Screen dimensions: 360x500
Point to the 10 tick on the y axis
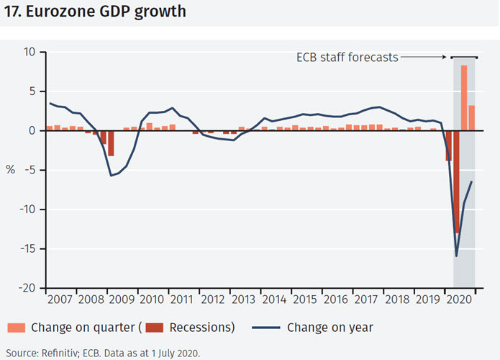point(29,52)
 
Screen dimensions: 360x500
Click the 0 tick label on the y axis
point(32,130)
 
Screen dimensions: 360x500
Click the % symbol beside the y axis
point(11,170)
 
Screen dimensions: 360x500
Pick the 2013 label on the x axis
point(243,298)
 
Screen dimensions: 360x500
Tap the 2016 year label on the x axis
point(335,298)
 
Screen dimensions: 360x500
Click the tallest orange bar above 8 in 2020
point(464,98)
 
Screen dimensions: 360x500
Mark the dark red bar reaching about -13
point(456,181)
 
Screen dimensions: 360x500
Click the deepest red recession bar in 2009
point(111,143)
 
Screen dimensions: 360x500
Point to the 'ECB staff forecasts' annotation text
point(347,58)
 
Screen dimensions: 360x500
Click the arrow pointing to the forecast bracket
point(424,57)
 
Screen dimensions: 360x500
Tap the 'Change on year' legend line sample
point(265,328)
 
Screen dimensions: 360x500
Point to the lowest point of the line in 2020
point(456,256)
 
